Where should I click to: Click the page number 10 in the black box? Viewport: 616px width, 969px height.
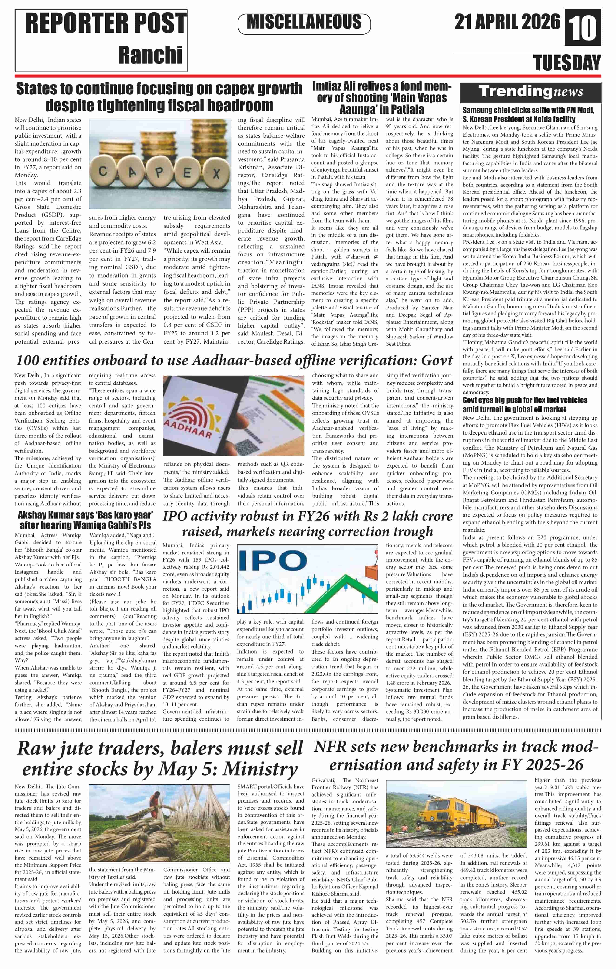(583, 28)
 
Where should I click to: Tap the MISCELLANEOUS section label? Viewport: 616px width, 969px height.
(304, 23)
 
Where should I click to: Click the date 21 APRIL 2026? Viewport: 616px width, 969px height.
(507, 22)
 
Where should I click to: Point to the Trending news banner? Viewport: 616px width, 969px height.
(530, 92)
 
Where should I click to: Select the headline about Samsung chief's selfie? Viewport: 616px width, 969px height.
(528, 114)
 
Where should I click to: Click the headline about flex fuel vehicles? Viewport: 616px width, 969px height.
(525, 404)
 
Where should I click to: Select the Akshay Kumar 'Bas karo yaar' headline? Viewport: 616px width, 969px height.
(85, 520)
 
